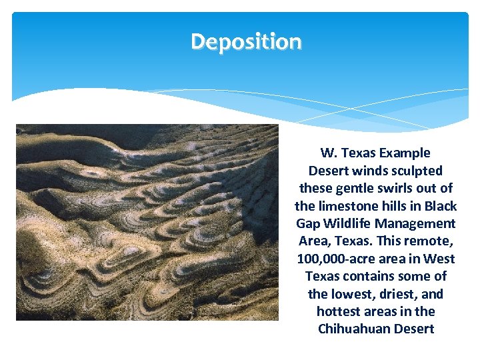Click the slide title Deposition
click(x=246, y=42)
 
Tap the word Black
click(x=440, y=206)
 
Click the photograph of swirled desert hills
click(x=147, y=222)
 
